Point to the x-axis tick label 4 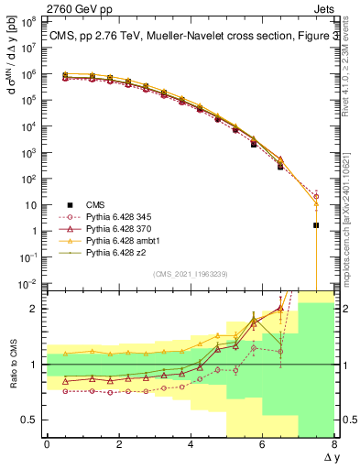coord(191,444)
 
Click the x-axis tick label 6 coord(263,444)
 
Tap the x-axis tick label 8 coord(334,444)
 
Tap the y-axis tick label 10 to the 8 coord(31,17)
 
